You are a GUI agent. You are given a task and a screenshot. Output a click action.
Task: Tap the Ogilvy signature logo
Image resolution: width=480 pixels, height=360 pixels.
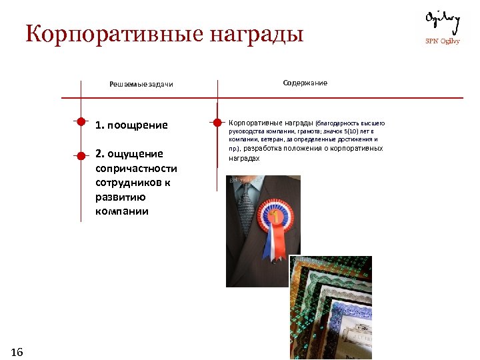(443, 21)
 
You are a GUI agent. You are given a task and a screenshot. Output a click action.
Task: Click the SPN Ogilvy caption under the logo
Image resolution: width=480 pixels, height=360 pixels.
(443, 41)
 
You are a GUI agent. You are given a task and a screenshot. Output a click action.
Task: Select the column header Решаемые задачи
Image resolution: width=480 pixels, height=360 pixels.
(141, 85)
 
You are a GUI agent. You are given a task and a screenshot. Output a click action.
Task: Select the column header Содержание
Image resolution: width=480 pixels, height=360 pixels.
(305, 83)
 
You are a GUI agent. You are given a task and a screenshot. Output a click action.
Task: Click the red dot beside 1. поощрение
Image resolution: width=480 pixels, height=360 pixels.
(81, 122)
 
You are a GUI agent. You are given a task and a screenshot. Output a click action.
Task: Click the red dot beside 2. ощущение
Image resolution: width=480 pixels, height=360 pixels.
(81, 155)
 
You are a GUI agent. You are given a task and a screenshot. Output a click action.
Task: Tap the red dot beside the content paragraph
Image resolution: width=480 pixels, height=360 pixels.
(217, 123)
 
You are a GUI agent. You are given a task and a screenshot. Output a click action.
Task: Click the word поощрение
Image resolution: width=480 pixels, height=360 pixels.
(140, 125)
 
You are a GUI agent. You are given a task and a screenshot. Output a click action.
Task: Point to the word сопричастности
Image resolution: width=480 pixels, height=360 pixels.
(136, 168)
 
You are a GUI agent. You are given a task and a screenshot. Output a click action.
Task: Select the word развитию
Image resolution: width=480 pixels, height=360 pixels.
(121, 197)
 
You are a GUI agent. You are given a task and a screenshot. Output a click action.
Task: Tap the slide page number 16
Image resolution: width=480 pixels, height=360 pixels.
(17, 352)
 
